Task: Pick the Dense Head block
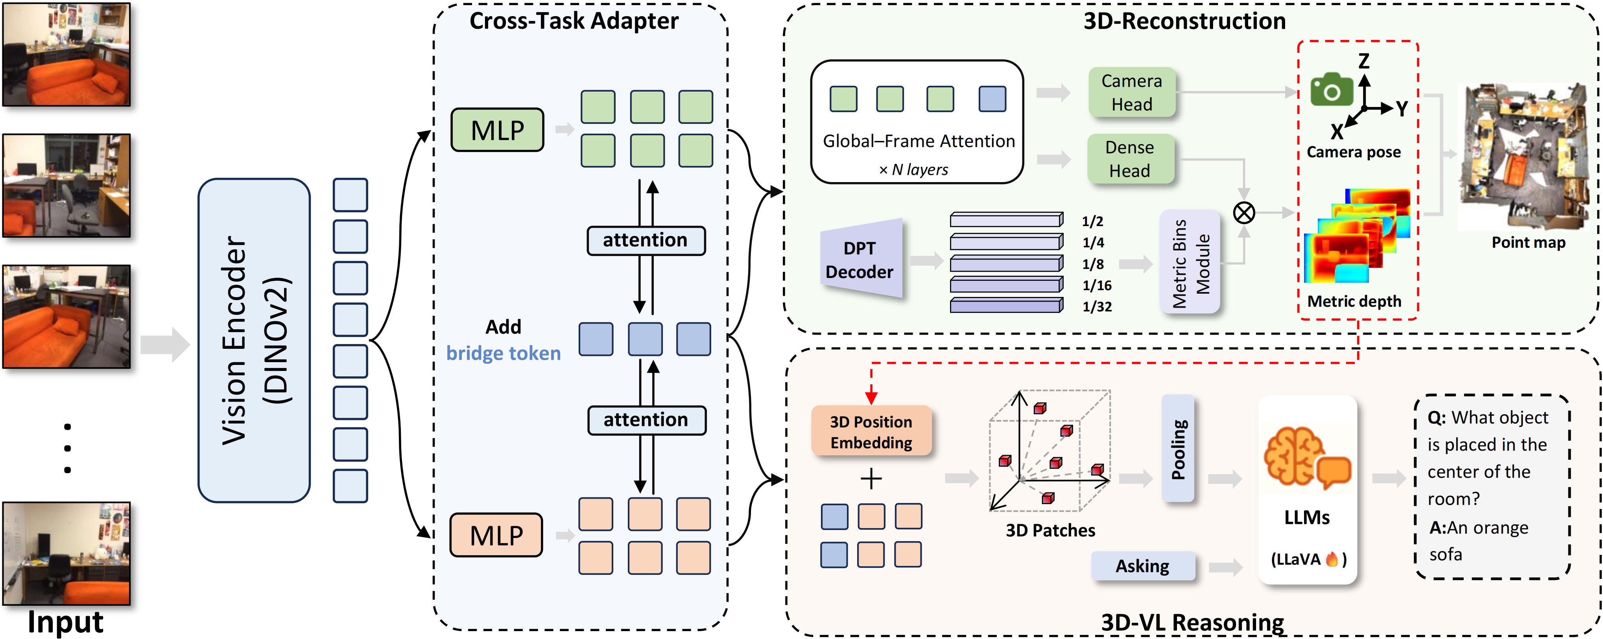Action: tap(1129, 159)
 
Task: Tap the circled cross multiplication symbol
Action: tap(1243, 213)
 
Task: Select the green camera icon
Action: tap(1331, 90)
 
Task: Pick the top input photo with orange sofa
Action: tap(66, 55)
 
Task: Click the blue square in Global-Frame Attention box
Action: tap(992, 99)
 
